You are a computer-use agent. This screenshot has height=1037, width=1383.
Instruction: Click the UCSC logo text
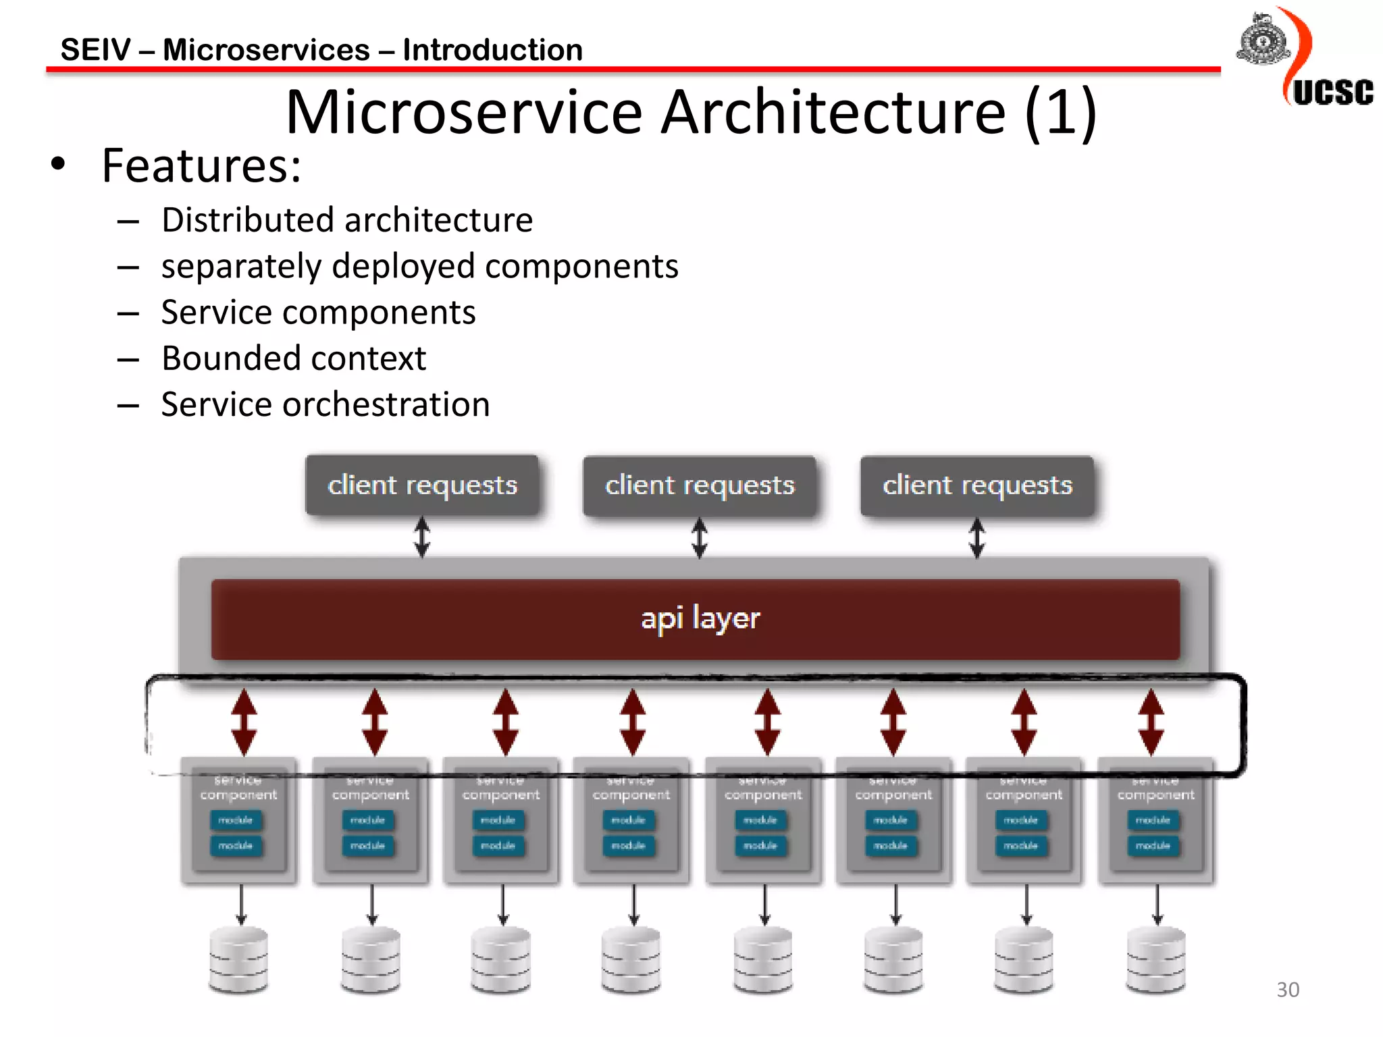1332,92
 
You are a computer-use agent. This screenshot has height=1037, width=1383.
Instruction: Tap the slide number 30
1287,990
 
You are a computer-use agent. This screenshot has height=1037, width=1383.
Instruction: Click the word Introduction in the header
492,50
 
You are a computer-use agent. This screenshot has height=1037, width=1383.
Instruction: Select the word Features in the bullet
201,165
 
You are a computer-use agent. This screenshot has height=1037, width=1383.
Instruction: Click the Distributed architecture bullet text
347,220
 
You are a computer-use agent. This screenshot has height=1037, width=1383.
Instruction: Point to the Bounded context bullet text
294,358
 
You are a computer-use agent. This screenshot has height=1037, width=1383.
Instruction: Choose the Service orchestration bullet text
325,404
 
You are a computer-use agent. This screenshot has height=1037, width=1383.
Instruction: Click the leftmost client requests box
423,485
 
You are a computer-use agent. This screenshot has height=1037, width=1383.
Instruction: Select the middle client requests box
700,485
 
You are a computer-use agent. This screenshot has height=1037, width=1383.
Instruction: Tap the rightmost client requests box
977,485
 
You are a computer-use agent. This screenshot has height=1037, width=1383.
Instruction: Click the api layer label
700,618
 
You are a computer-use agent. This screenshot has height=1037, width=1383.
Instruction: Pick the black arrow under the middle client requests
700,538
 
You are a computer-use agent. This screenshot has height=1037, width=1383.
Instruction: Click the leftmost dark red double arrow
244,722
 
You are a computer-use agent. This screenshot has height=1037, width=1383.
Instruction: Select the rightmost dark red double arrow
1151,722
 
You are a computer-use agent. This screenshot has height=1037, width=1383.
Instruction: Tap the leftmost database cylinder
238,960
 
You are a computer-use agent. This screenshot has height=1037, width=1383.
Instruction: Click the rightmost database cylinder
1155,960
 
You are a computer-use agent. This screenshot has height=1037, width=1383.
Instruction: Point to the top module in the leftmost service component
236,820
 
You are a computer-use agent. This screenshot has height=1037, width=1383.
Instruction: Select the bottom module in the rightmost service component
1153,846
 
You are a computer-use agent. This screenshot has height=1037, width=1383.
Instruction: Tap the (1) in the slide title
1060,112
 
